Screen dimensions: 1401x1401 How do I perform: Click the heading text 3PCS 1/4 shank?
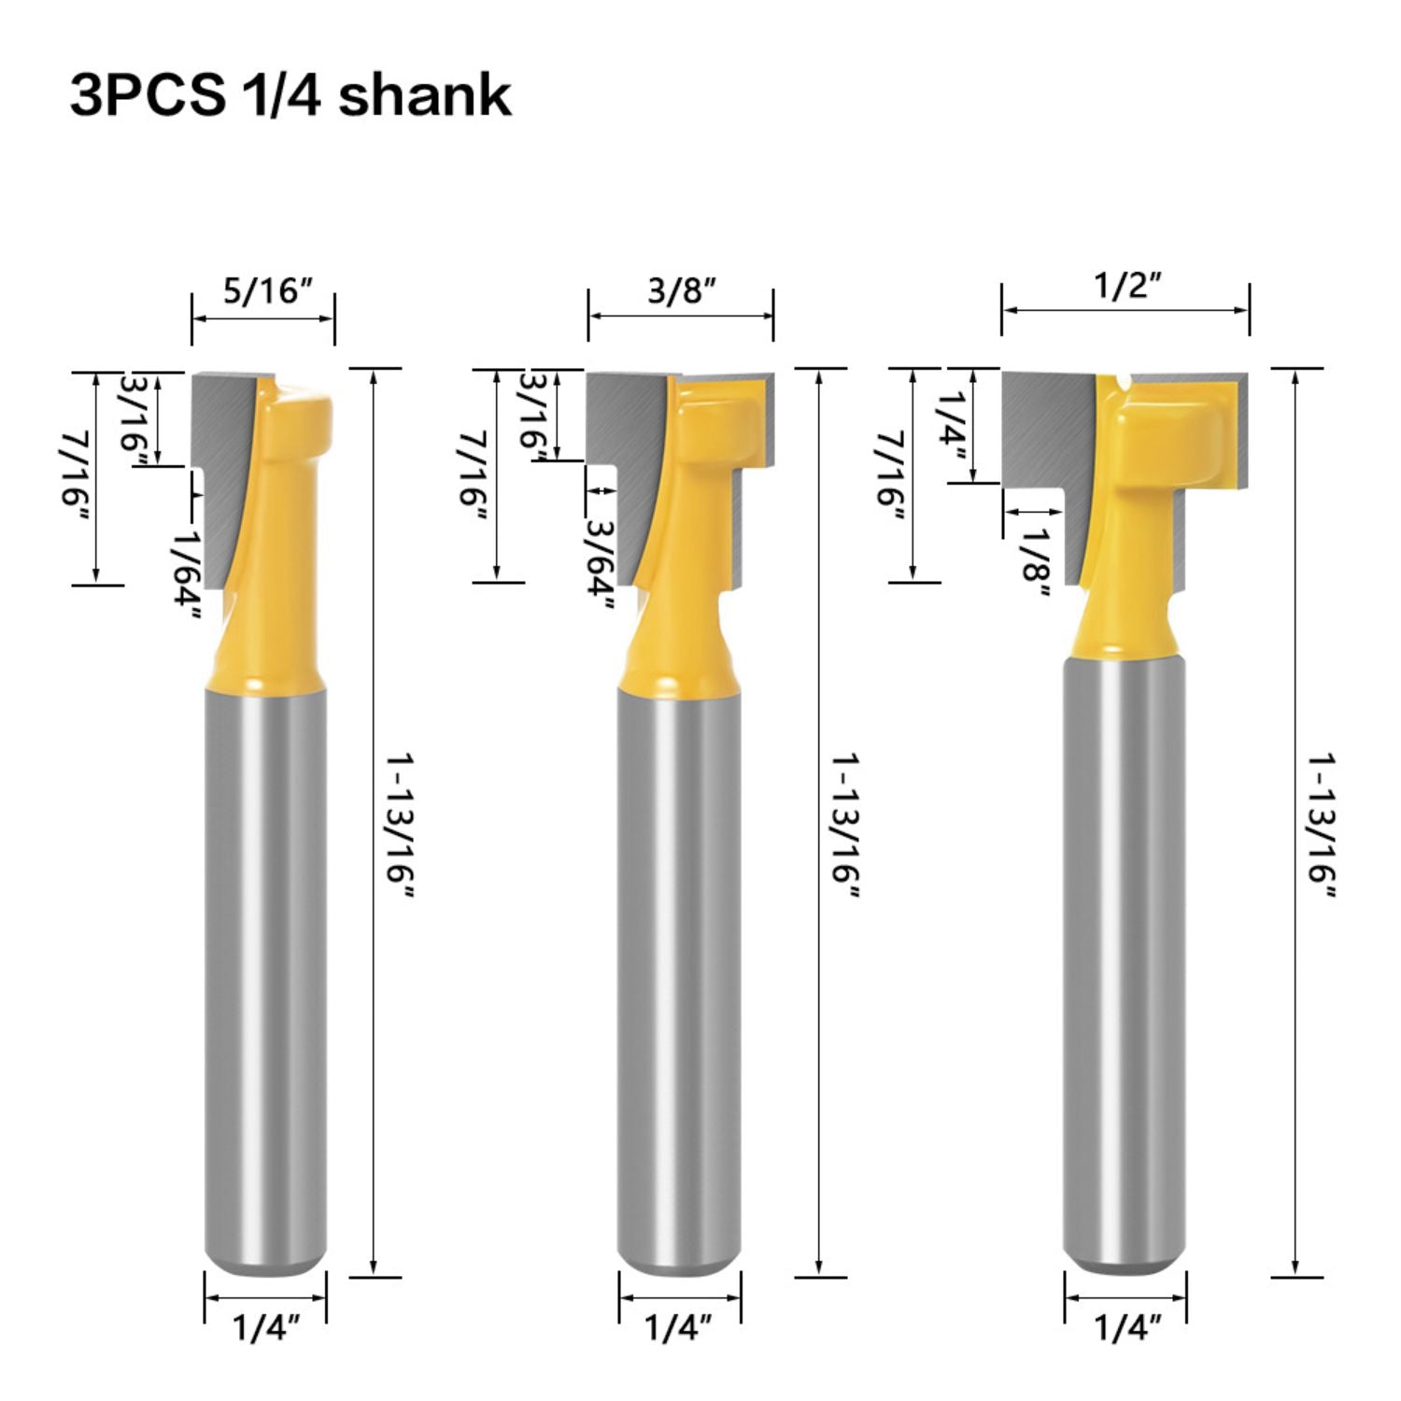click(x=290, y=95)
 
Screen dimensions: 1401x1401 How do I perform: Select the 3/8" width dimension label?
click(x=682, y=290)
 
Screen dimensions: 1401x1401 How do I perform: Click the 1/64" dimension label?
click(x=186, y=573)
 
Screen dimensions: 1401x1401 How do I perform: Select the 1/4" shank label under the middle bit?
click(x=679, y=1327)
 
